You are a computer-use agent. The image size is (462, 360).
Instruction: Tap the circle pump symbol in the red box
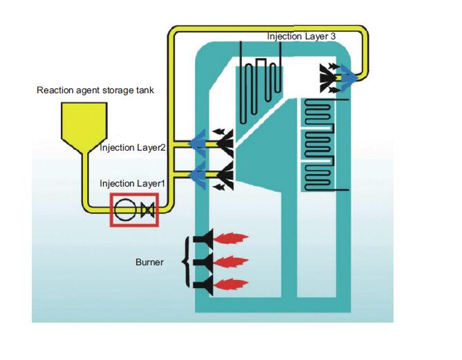coord(124,210)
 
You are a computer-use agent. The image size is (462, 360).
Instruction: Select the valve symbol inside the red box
coord(147,210)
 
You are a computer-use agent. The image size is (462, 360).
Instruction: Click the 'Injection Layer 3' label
coord(301,35)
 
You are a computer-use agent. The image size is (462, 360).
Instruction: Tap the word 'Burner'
coord(149,263)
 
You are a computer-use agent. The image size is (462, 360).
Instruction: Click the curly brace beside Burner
coord(185,262)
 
